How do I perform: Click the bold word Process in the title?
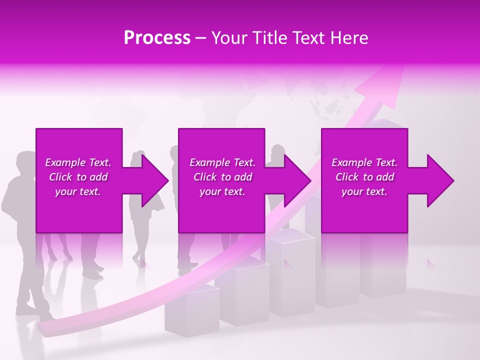pos(157,38)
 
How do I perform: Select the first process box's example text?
pos(78,177)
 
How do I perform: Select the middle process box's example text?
pos(222,177)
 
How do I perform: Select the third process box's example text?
pos(364,177)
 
